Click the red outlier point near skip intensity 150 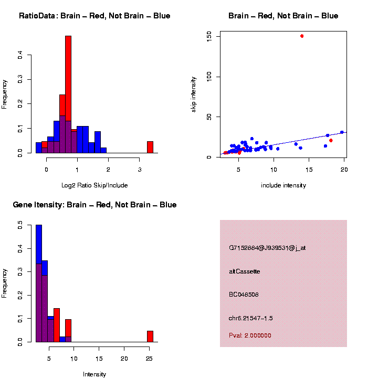(302, 36)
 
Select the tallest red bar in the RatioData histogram (68, 94)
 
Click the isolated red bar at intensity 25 (150, 337)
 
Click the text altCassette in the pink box (245, 271)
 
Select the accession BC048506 (244, 295)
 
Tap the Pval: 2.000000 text (250, 335)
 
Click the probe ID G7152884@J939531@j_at (267, 248)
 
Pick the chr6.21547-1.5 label (251, 318)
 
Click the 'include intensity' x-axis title (283, 185)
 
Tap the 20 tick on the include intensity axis (344, 169)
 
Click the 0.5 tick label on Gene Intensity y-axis (20, 225)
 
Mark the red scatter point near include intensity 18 (331, 140)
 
